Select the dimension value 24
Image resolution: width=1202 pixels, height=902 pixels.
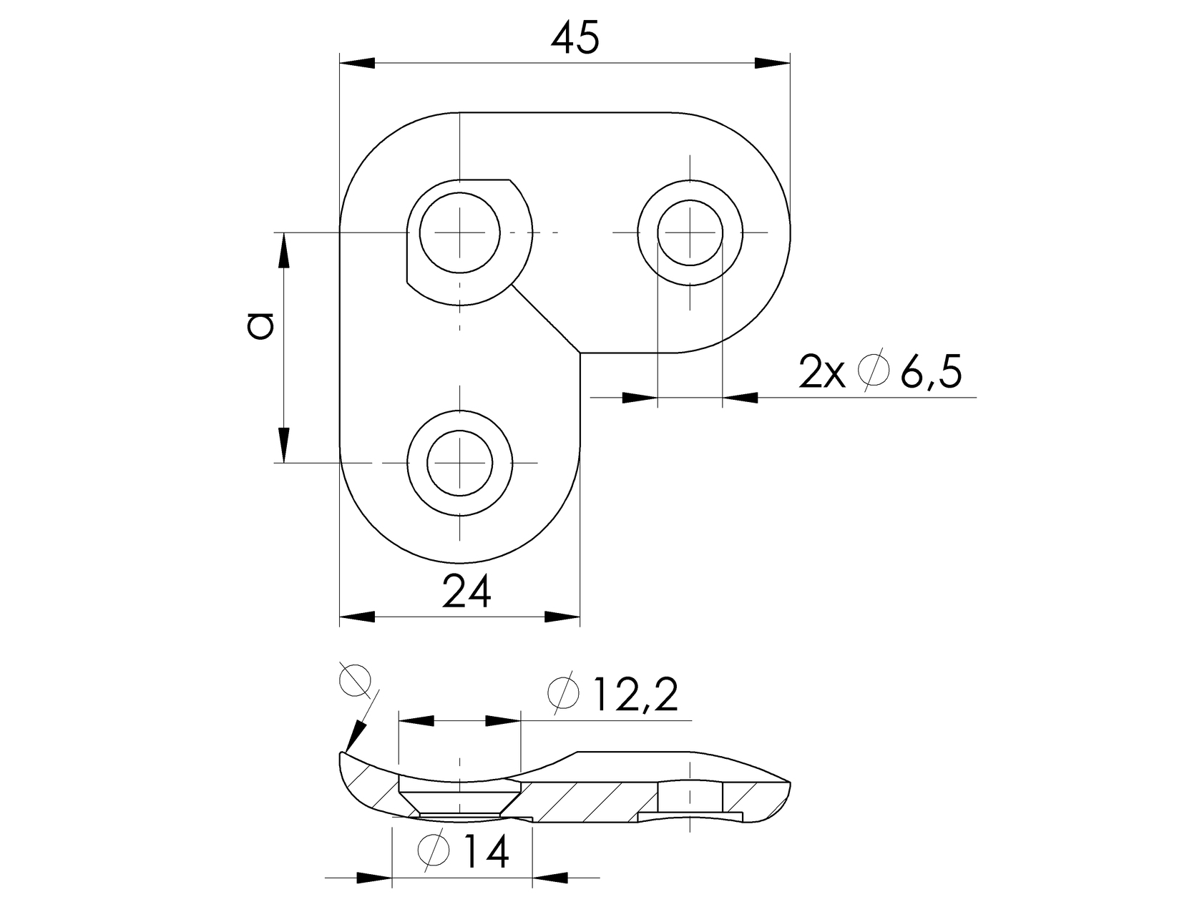pos(466,592)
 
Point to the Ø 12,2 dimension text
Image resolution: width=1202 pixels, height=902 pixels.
pos(612,694)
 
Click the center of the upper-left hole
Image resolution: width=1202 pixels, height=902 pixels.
pos(459,233)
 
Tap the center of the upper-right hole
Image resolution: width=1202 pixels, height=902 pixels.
pos(690,232)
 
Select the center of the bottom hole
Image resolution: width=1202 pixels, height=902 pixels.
pos(459,463)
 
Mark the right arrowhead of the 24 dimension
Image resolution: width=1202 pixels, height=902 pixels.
pos(562,617)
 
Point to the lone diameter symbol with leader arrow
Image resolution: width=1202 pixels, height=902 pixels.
pos(355,680)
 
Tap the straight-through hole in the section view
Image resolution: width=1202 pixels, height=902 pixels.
pos(690,798)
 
